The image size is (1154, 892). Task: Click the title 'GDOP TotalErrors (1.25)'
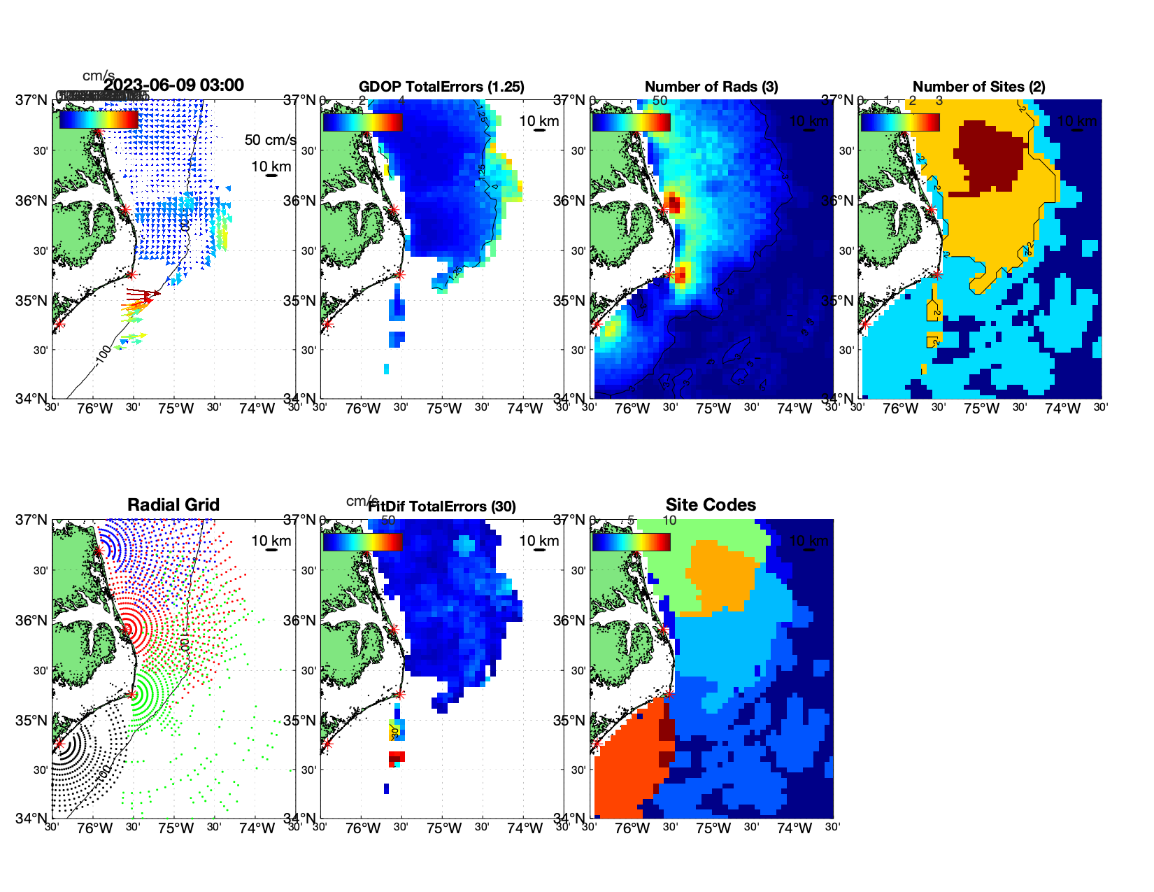coord(441,87)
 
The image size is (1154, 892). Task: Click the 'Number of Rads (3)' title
coord(711,87)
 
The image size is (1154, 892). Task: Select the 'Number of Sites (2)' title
coord(978,87)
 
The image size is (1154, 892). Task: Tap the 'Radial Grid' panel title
coord(173,505)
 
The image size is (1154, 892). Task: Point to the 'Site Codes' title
coord(711,505)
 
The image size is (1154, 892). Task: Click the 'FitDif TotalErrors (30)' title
coord(442,507)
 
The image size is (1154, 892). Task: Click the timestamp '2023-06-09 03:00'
coord(174,85)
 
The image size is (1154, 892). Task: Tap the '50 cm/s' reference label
coord(270,140)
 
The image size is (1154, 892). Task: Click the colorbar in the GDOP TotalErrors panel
coord(362,122)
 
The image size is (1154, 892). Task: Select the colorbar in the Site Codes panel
coord(631,542)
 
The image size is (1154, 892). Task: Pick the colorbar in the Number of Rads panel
coord(631,122)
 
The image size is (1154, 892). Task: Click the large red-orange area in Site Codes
coord(626,763)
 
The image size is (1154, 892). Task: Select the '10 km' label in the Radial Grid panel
coord(271,541)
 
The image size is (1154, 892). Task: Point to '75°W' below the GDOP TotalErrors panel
coord(444,409)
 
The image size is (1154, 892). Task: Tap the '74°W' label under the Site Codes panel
coord(795,829)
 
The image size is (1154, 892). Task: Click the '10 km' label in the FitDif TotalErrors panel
coord(539,541)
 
